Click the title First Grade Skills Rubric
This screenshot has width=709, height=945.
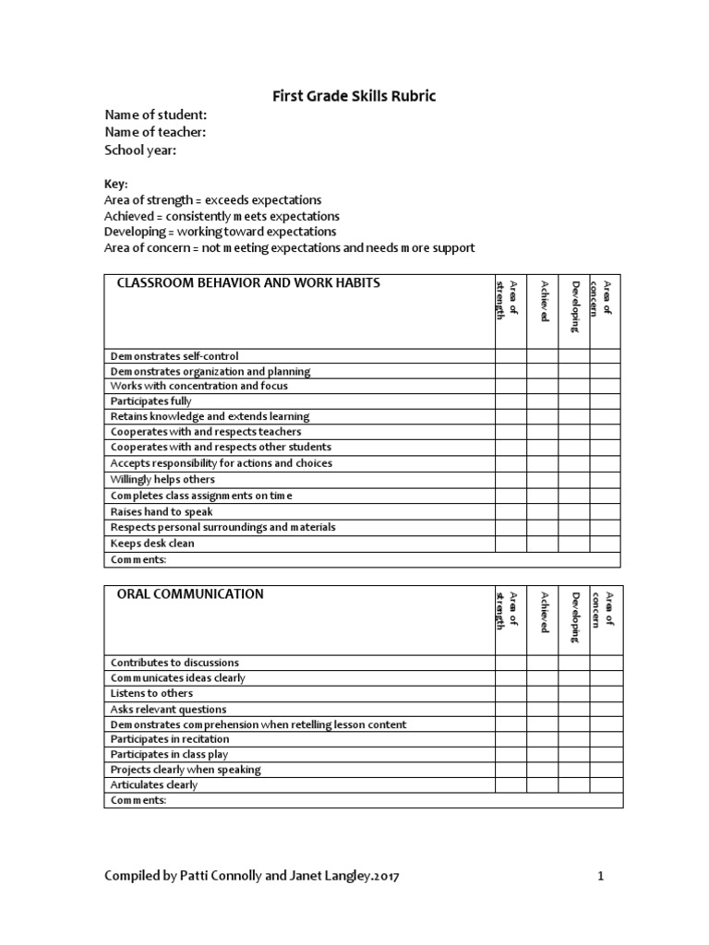point(354,95)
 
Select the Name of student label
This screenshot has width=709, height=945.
point(156,114)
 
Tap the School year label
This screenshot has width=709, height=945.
point(140,150)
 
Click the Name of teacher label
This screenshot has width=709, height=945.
point(155,132)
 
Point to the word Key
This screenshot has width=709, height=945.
point(115,184)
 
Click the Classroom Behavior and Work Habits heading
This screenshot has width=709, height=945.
point(248,283)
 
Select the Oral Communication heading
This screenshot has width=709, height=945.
point(190,594)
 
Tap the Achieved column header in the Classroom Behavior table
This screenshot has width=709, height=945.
point(544,302)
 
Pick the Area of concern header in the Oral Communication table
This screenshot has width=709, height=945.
point(605,610)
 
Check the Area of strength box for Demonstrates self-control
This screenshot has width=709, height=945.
point(511,356)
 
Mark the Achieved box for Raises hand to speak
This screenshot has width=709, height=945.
point(542,511)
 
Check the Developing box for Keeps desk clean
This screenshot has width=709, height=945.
point(574,544)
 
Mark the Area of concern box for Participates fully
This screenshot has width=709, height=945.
point(606,402)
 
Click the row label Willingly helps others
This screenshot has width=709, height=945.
point(162,480)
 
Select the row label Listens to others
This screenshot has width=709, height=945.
point(152,693)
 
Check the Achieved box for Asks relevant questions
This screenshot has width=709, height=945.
point(542,709)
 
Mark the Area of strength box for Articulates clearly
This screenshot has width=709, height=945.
point(511,785)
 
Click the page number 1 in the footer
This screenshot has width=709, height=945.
point(600,877)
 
